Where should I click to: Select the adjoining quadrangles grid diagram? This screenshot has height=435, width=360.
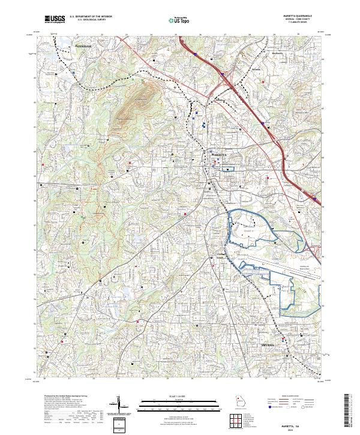tap(234, 421)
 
